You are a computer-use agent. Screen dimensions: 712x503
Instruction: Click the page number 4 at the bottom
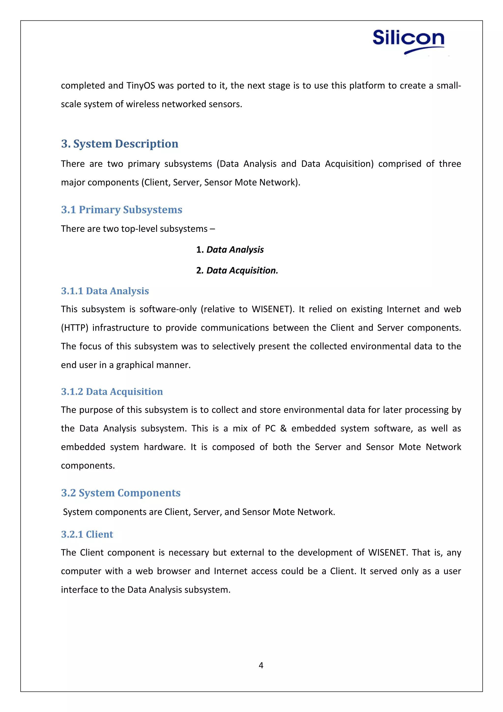pos(261,665)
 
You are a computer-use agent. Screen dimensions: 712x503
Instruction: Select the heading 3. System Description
pos(120,144)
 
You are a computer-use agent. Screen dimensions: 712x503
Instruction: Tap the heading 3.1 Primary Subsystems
pos(121,210)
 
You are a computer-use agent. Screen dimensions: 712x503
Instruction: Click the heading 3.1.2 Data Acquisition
pos(112,392)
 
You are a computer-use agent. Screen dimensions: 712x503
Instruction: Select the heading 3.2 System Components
pos(121,493)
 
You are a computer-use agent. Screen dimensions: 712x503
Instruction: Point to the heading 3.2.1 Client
pos(87,534)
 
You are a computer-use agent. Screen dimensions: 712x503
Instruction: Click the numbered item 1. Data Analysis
pos(230,250)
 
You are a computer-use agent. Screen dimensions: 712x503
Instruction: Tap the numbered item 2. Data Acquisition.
pos(237,270)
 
